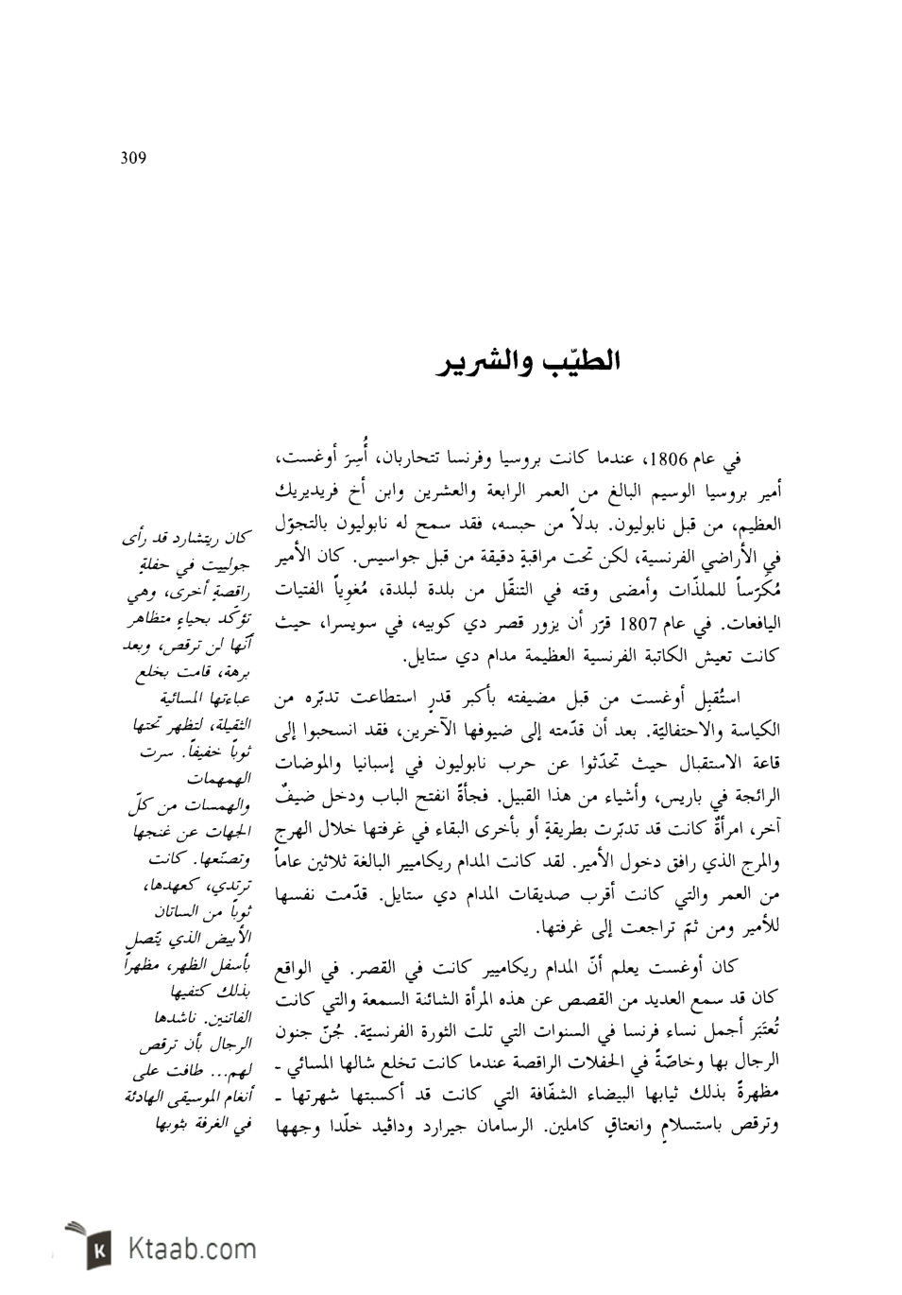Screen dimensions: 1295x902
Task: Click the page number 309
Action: (x=134, y=158)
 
